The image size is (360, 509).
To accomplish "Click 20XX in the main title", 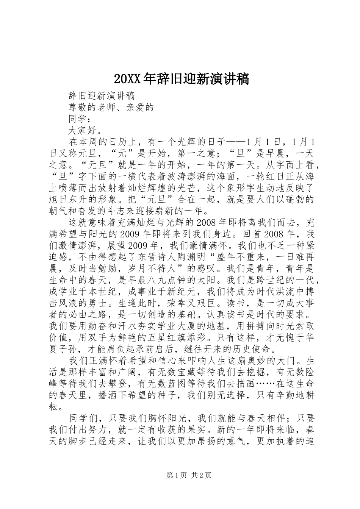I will coord(127,79).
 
